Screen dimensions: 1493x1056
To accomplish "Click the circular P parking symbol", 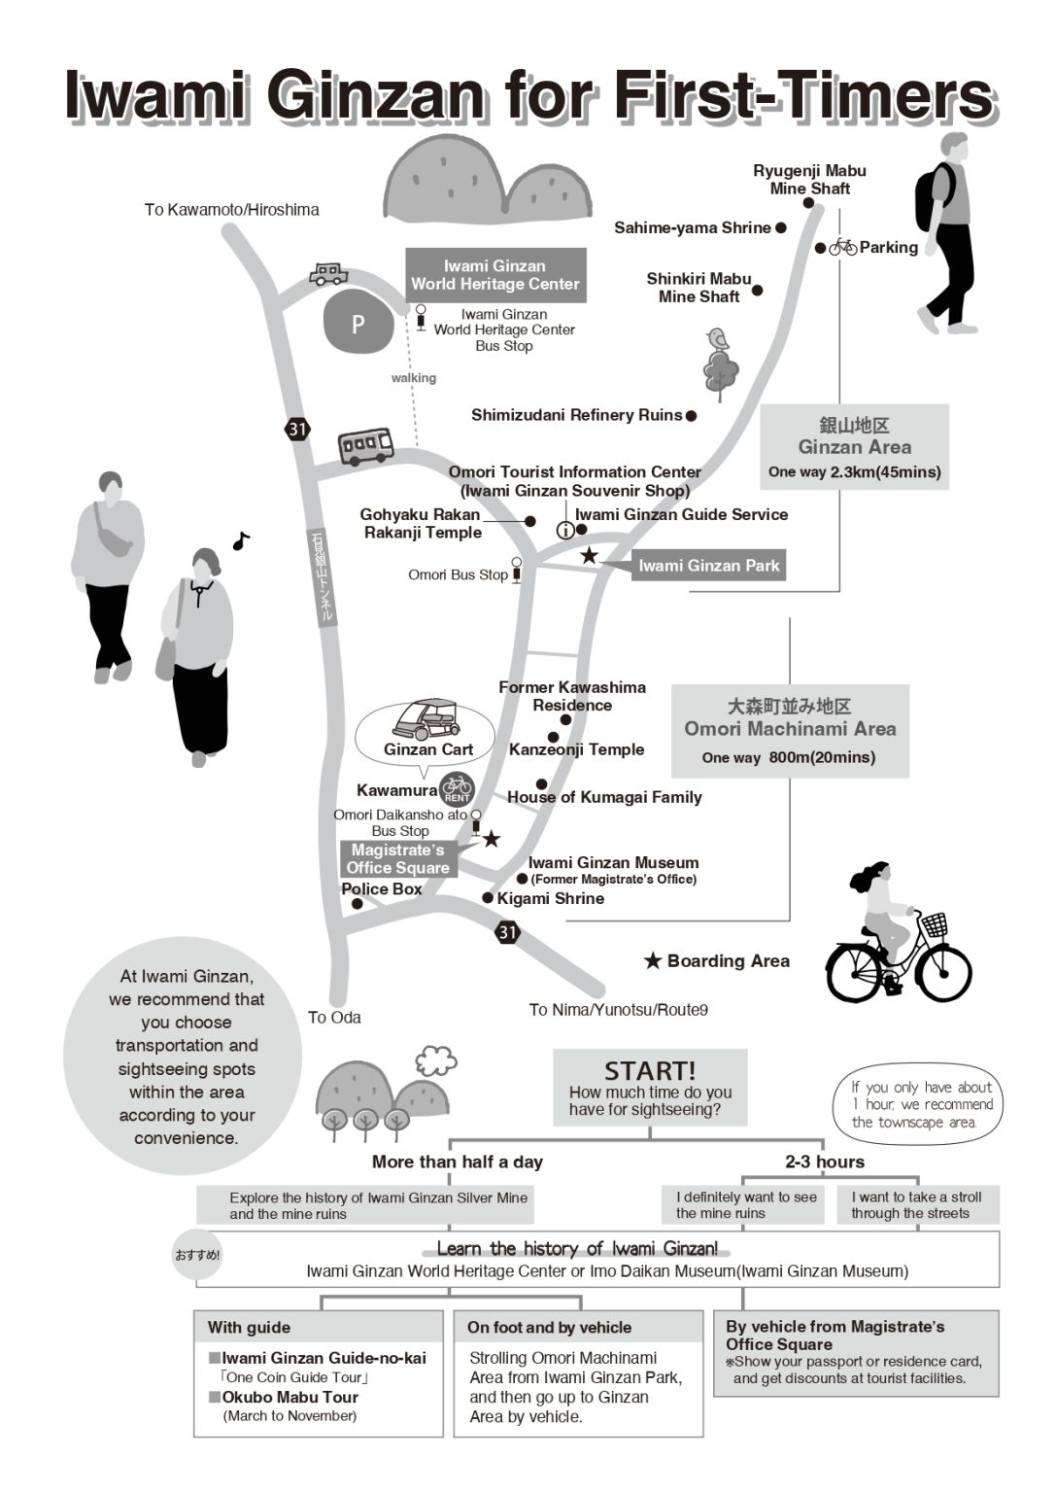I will coord(358,323).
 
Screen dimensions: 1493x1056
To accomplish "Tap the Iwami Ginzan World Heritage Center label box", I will coord(495,275).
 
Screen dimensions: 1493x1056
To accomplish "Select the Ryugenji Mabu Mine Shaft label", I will coord(809,180).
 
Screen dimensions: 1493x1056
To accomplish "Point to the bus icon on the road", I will coord(365,446).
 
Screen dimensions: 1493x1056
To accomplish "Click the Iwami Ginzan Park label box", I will coord(708,566).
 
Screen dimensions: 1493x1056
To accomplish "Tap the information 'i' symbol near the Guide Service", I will coord(565,530).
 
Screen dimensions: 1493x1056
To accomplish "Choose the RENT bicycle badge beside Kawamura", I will coord(457,789).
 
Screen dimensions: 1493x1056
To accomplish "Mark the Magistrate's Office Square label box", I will coord(398,859).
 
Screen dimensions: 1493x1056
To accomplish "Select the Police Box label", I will coord(382,888).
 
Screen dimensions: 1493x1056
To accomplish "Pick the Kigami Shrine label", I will coord(550,898).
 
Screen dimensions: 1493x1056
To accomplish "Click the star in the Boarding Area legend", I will coord(653,961).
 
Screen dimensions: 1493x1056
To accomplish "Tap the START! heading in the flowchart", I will coord(650,1071).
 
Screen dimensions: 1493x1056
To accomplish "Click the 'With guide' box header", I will coord(249,1327).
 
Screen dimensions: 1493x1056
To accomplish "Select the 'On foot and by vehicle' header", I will coord(549,1327).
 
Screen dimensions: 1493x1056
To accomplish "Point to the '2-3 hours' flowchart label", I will coord(824,1162).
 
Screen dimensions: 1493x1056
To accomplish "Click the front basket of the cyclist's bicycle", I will coord(934,924).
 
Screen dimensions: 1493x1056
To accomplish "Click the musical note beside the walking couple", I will coord(241,540).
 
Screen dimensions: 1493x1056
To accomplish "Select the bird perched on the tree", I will coord(718,338).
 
